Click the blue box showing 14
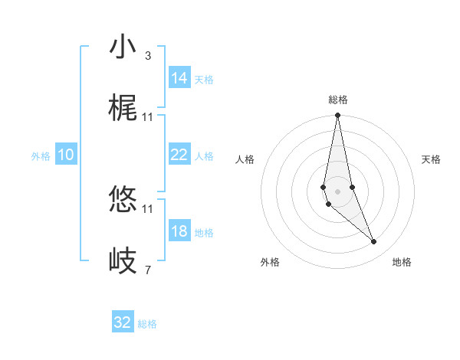coord(179,78)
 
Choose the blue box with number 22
coord(179,155)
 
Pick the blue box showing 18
coord(179,231)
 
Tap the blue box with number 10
coord(66,155)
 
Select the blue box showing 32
coord(123,322)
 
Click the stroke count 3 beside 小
coord(147,56)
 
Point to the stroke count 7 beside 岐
coord(147,270)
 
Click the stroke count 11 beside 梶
coord(147,117)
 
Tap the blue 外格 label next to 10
coord(41,156)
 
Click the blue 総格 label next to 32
coord(147,324)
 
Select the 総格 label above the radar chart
coord(338,100)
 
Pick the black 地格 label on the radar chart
coord(402,262)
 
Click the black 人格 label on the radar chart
coord(245,159)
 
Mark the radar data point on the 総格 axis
coord(338,116)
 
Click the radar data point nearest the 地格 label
coord(374,242)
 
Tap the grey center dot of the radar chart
coord(338,191)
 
